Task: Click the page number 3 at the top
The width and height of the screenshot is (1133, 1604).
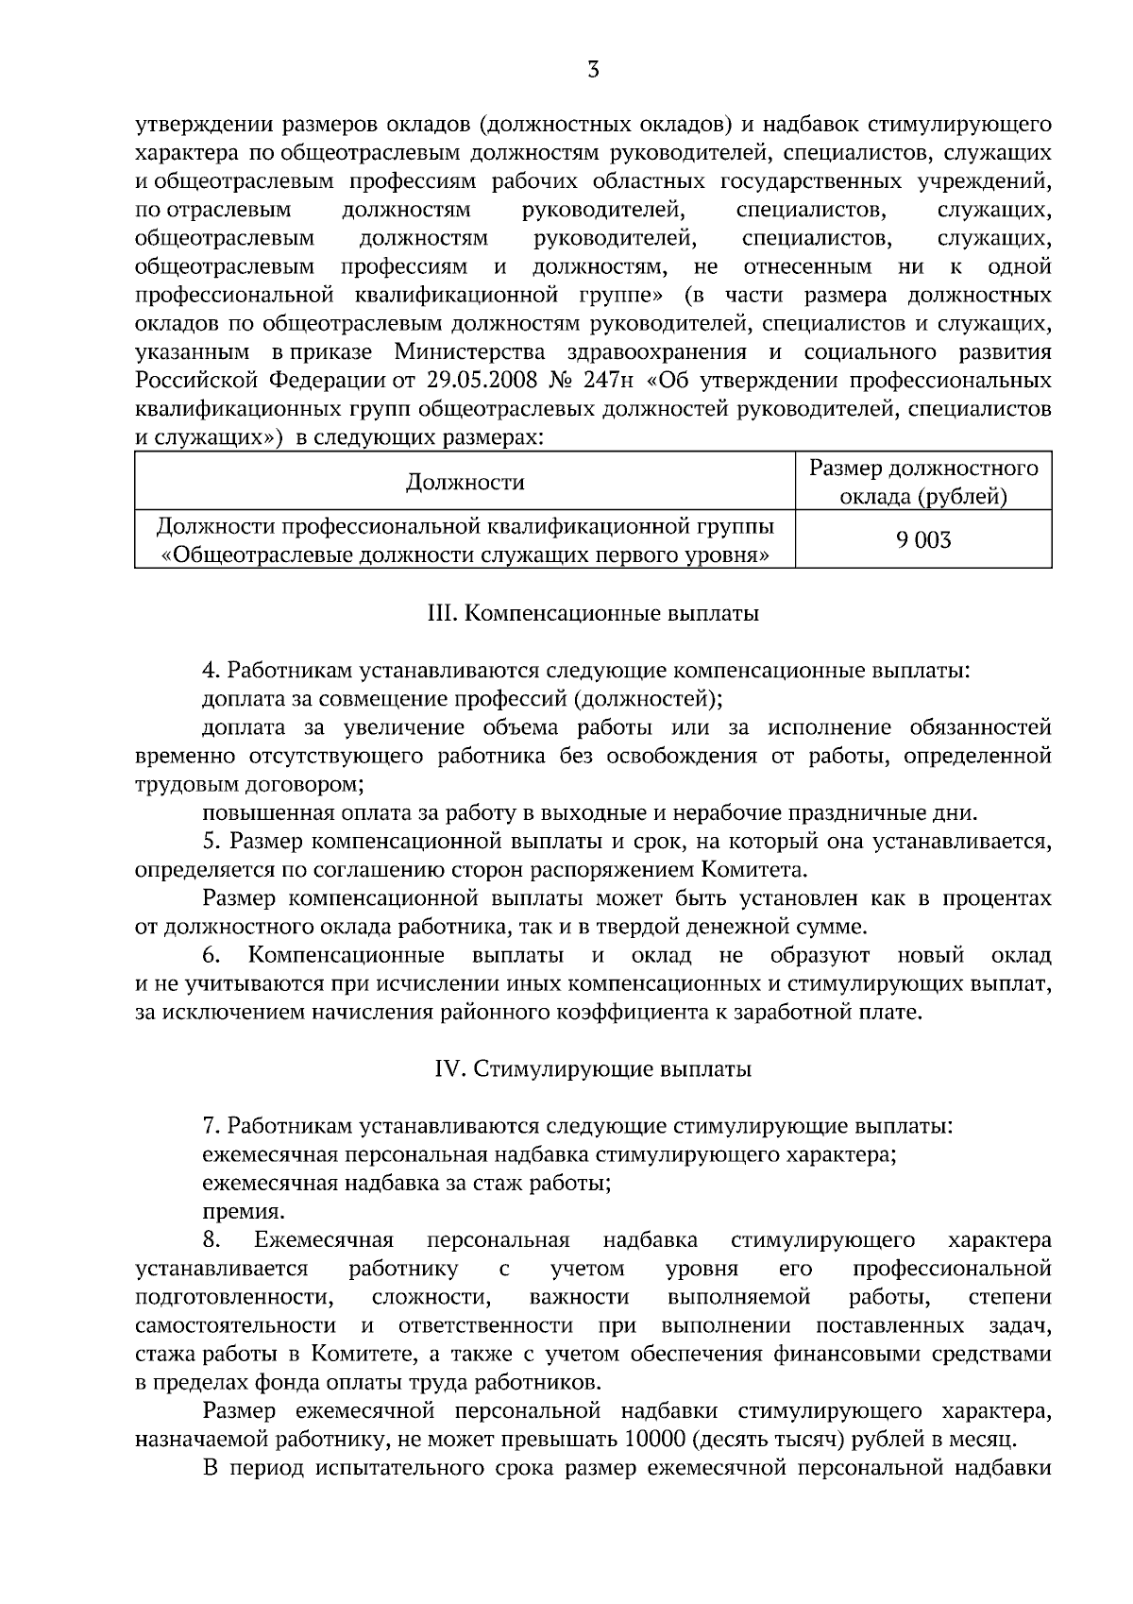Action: point(593,70)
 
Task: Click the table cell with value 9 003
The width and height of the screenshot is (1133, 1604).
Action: point(923,540)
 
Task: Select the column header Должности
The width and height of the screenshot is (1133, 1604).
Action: point(465,483)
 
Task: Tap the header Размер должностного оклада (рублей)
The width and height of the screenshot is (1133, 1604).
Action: point(923,482)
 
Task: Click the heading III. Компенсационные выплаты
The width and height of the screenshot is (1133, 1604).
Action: point(593,614)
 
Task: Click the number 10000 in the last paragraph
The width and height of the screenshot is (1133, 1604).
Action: point(652,1439)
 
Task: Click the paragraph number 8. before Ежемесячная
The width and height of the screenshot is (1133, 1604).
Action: point(211,1239)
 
